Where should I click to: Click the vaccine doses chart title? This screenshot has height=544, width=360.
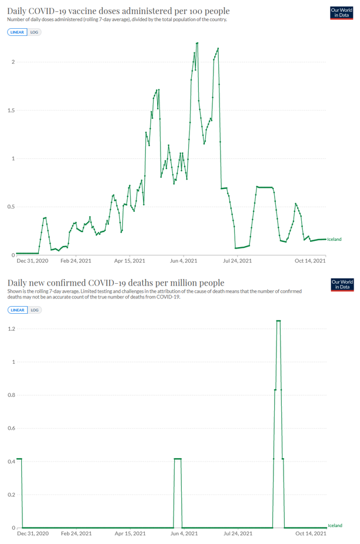pos(118,11)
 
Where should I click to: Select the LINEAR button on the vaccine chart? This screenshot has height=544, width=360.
pos(18,32)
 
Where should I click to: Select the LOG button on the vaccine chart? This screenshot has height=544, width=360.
pos(35,32)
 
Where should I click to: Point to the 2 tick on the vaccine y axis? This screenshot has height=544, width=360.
pos(12,62)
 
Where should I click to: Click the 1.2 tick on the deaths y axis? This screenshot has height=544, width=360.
pos(11,329)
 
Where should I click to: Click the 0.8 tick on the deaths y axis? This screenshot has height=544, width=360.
pos(11,395)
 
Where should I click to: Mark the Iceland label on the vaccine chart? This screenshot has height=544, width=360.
pos(334,240)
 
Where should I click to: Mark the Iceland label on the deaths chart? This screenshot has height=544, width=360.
pos(335,525)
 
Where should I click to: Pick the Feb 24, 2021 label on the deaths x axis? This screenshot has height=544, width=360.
pos(76,533)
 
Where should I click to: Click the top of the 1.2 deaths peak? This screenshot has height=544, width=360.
pos(278,321)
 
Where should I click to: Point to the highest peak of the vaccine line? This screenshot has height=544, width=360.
pos(197,43)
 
